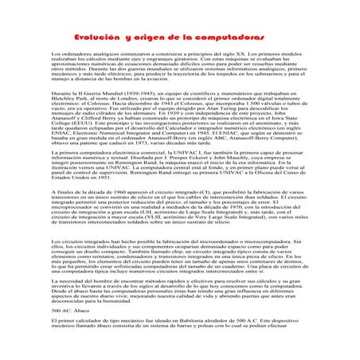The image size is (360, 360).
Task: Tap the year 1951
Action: click(98, 198)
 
